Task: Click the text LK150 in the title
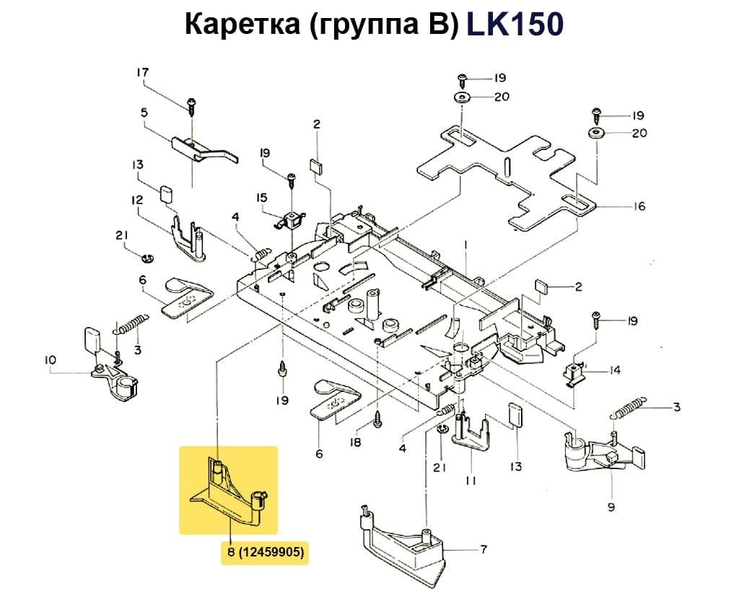(x=515, y=25)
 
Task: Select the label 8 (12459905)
(x=265, y=553)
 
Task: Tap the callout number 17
(x=142, y=73)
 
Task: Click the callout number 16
(x=639, y=206)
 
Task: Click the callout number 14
(x=615, y=371)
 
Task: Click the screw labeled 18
(x=377, y=418)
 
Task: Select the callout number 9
(x=611, y=507)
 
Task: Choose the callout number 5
(x=144, y=113)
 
